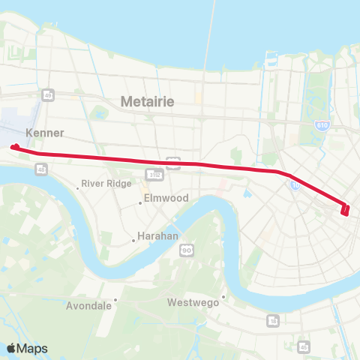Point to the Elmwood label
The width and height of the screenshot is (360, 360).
tap(163, 199)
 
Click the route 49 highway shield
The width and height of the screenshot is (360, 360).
tap(47, 94)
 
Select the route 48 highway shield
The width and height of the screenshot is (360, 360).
tap(38, 171)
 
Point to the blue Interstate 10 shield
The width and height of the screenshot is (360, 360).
tap(295, 185)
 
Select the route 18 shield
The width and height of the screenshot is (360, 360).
tap(272, 320)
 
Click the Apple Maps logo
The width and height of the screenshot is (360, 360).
tap(26, 348)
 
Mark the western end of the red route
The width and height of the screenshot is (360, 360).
tap(14, 147)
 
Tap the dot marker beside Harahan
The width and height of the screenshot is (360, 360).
tap(133, 240)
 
